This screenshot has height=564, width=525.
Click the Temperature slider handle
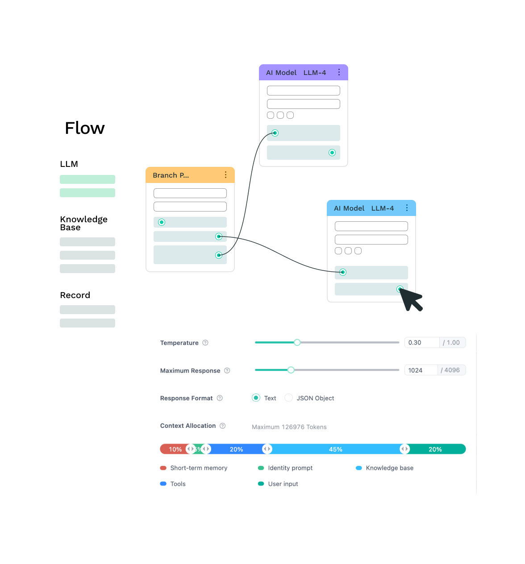[297, 342]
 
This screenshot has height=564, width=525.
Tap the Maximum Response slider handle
[291, 370]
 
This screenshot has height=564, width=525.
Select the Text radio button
[256, 398]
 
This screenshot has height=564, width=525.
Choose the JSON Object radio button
[288, 398]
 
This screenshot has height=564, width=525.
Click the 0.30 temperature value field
[422, 343]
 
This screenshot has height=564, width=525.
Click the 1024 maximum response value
[421, 370]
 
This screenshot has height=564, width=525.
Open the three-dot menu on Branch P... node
[225, 174]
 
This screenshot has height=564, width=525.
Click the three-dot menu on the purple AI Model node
[339, 72]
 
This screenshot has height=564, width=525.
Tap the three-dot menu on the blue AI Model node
[407, 208]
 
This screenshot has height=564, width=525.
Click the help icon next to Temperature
[205, 343]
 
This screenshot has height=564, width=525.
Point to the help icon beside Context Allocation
[223, 426]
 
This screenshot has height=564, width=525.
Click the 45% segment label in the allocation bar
[335, 449]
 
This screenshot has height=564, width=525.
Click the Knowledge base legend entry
[384, 468]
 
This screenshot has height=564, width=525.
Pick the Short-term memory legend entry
[194, 468]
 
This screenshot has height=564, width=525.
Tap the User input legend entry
[278, 484]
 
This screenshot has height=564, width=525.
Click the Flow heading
[85, 128]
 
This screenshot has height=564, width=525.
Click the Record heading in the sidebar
[75, 295]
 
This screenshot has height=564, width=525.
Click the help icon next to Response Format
[220, 398]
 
